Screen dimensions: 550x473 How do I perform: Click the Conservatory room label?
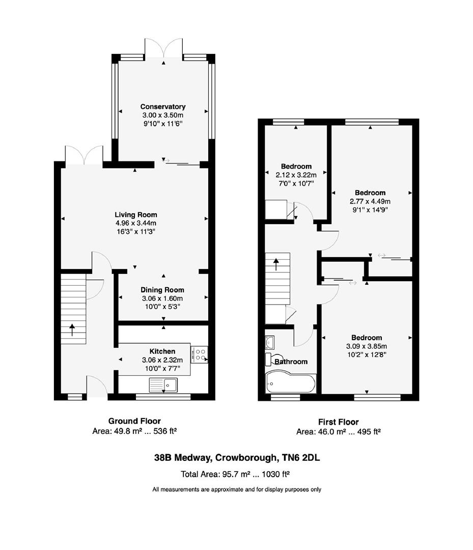point(163,107)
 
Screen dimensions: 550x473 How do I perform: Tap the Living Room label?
point(135,215)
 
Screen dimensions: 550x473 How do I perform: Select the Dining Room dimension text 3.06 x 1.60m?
point(162,298)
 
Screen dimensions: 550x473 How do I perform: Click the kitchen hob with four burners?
point(199,354)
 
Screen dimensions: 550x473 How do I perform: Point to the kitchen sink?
point(163,385)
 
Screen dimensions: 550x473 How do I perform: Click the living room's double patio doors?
point(84,155)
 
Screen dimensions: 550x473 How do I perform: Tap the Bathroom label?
point(291,362)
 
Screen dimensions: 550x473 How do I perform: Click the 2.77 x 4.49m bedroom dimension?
point(370,201)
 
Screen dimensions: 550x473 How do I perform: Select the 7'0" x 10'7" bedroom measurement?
point(296,183)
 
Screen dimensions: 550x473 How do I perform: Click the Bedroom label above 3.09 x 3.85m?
point(367,338)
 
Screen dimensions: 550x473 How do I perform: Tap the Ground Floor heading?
point(134,421)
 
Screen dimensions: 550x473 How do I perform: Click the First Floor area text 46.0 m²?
point(339,431)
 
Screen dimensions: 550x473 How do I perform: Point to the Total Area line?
point(235,474)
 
